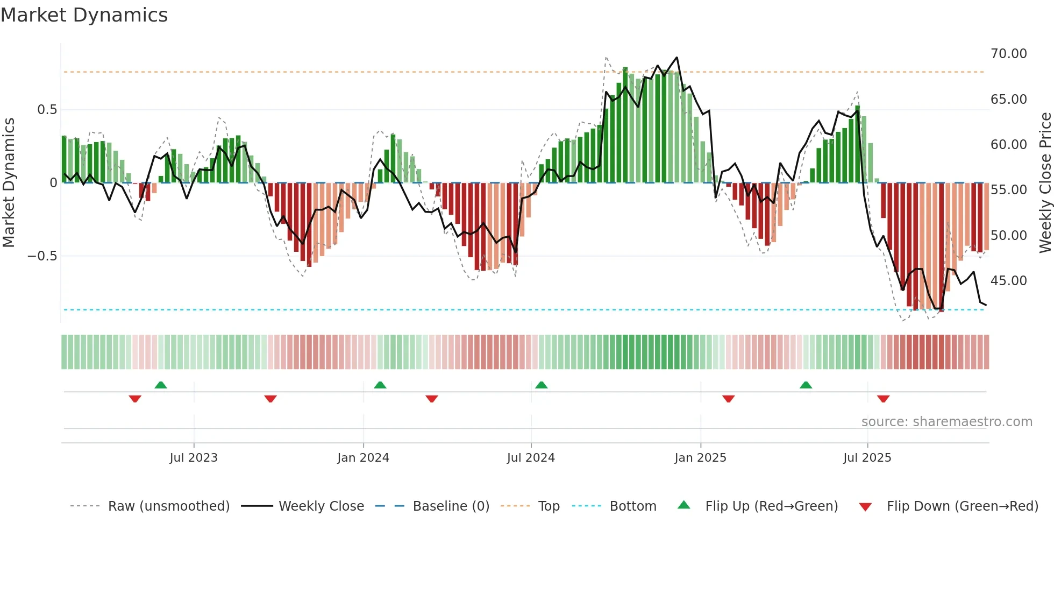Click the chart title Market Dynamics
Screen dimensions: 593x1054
[x=84, y=15]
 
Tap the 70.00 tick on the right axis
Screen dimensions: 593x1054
[x=1008, y=54]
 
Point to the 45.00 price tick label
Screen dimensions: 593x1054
[x=1008, y=281]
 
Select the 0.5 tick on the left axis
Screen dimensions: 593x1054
[x=47, y=110]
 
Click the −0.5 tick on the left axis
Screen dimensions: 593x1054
[x=42, y=256]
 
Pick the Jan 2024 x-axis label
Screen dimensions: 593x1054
[x=363, y=458]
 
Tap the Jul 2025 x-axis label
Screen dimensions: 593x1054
[x=867, y=458]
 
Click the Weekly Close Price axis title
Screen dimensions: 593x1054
[x=1045, y=183]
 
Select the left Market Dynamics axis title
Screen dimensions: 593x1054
[x=9, y=183]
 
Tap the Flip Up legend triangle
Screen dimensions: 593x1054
[x=683, y=505]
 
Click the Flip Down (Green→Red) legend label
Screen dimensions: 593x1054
[x=962, y=506]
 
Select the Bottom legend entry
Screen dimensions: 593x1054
[x=632, y=506]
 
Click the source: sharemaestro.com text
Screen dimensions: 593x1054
[x=946, y=422]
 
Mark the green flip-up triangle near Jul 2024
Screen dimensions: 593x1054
[x=542, y=385]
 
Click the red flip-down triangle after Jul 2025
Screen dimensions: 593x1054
[x=883, y=399]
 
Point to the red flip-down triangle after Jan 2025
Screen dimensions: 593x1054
[x=728, y=399]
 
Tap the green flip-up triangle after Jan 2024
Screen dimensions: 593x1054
[x=380, y=385]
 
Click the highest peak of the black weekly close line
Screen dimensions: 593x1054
[x=676, y=58]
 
